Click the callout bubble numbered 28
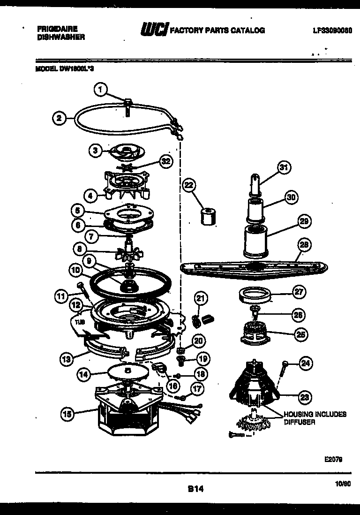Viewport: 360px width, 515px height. click(304, 244)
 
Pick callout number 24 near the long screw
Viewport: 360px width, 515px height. click(306, 363)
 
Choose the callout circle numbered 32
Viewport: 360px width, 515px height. click(164, 161)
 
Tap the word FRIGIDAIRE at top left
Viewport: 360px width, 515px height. click(57, 28)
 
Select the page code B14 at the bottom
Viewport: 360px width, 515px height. click(195, 489)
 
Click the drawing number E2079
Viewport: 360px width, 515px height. click(332, 460)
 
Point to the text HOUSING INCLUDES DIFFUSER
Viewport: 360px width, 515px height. click(314, 418)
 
